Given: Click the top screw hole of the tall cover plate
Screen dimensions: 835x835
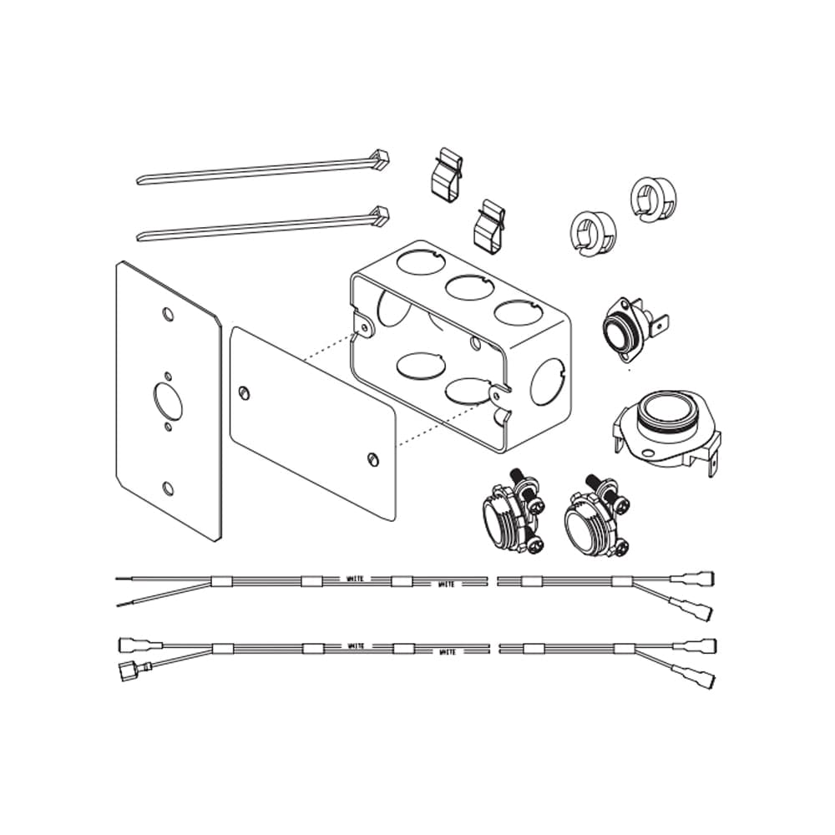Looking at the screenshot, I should (x=168, y=316).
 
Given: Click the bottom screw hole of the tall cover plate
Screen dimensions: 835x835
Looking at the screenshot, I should (x=168, y=488).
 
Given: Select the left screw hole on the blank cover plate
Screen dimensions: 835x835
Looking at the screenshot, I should (x=243, y=392).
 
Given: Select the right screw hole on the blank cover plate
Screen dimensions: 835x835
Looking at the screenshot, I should (x=372, y=458).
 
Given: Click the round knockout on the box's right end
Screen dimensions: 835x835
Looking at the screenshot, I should (x=548, y=382).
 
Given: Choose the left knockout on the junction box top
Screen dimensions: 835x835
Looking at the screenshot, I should (x=415, y=260).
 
